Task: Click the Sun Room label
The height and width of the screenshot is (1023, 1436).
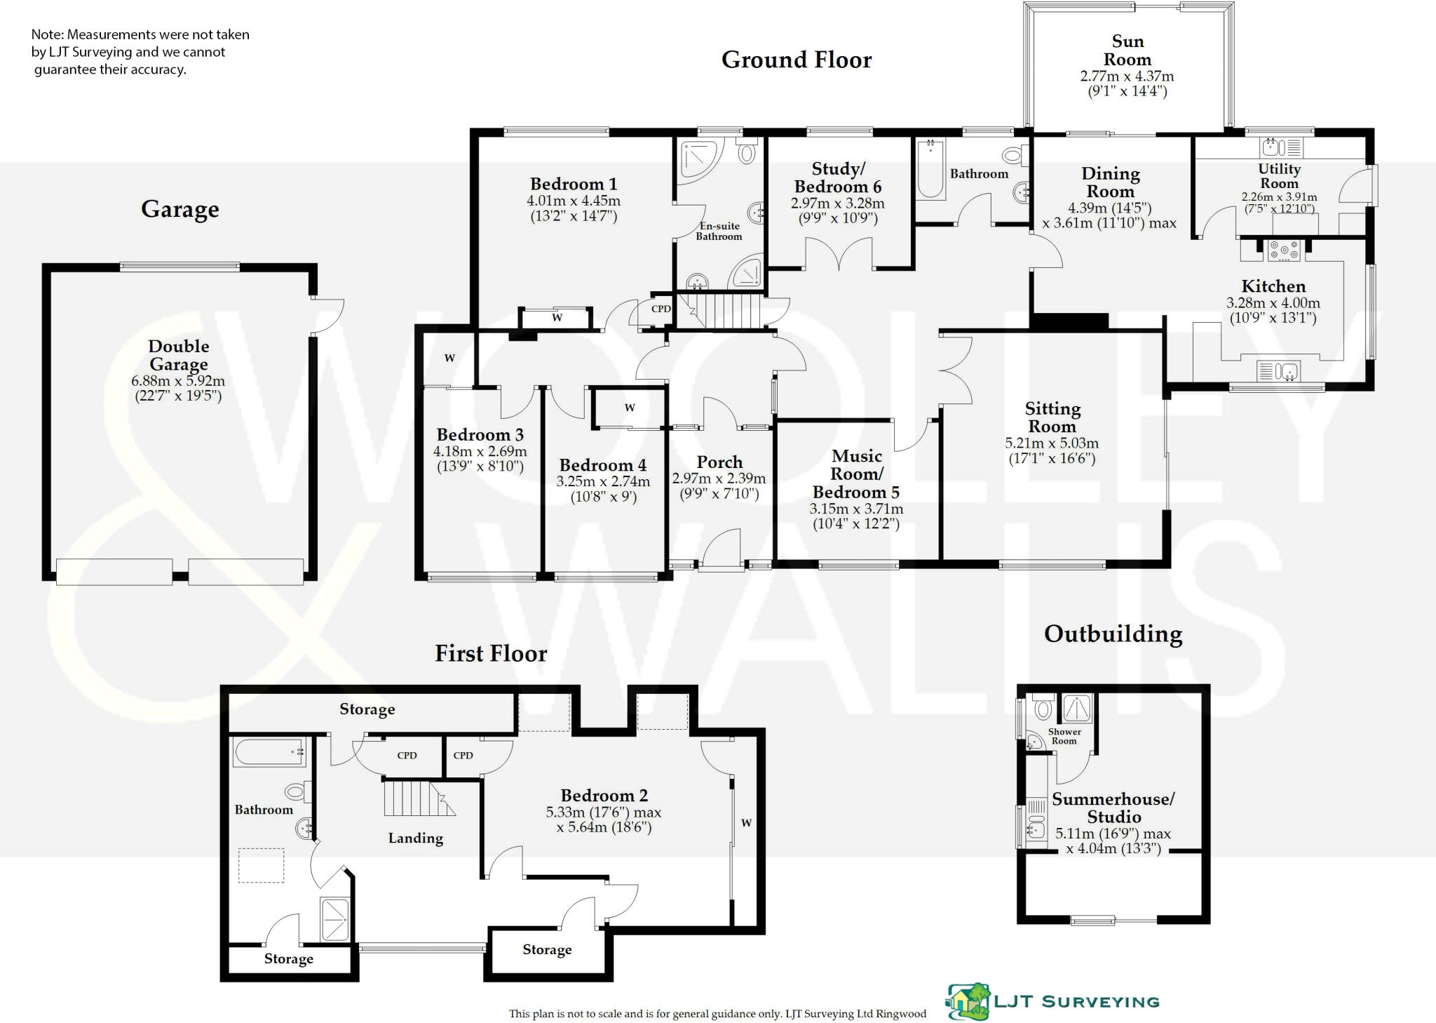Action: pos(1127,51)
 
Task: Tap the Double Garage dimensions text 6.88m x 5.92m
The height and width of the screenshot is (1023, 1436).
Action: pos(178,382)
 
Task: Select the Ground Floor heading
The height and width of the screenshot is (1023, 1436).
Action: pos(796,60)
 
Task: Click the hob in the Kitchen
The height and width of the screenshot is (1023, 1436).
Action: pos(1283,250)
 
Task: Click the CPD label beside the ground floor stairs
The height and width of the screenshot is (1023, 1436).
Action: pos(661,309)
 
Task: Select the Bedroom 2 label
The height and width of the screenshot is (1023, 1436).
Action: pos(604,796)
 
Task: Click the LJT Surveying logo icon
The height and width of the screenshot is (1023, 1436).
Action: pos(968,1001)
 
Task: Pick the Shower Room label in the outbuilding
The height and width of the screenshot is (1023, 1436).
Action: pos(1064,736)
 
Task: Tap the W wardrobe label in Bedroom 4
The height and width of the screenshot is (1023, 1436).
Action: pos(630,408)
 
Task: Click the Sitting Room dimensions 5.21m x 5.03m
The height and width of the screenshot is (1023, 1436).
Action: pos(1051,443)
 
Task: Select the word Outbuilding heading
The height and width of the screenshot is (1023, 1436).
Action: pos(1113,634)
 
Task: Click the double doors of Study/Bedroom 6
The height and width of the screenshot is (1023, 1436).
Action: pos(839,254)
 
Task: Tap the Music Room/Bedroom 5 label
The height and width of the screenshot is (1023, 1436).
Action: pos(856,474)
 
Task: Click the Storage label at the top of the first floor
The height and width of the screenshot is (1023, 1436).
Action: pos(367,709)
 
